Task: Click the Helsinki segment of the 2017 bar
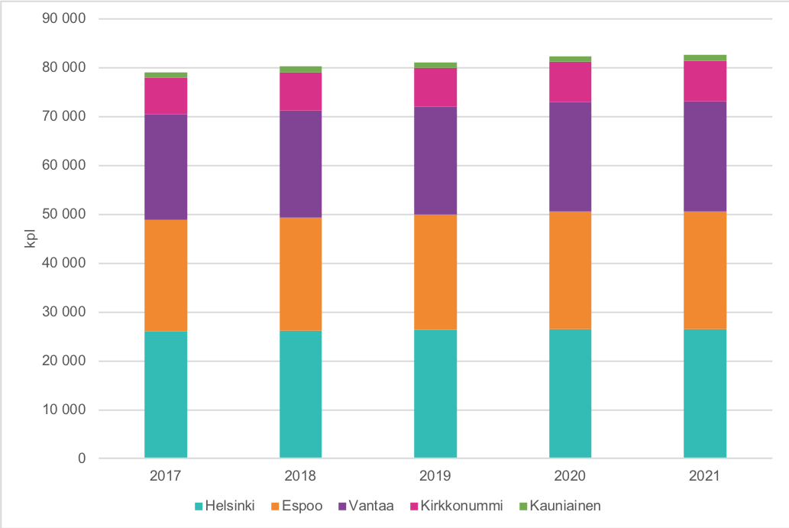click(166, 394)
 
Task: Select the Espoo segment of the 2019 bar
click(435, 272)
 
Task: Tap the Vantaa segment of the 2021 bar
click(705, 156)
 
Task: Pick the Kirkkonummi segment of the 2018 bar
click(300, 91)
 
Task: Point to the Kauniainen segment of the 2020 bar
click(570, 59)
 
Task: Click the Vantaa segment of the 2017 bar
click(166, 167)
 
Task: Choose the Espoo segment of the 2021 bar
click(705, 270)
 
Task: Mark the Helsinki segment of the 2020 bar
click(570, 394)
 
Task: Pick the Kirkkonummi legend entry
click(451, 506)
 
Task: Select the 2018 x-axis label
click(300, 476)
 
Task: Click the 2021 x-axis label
click(705, 476)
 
